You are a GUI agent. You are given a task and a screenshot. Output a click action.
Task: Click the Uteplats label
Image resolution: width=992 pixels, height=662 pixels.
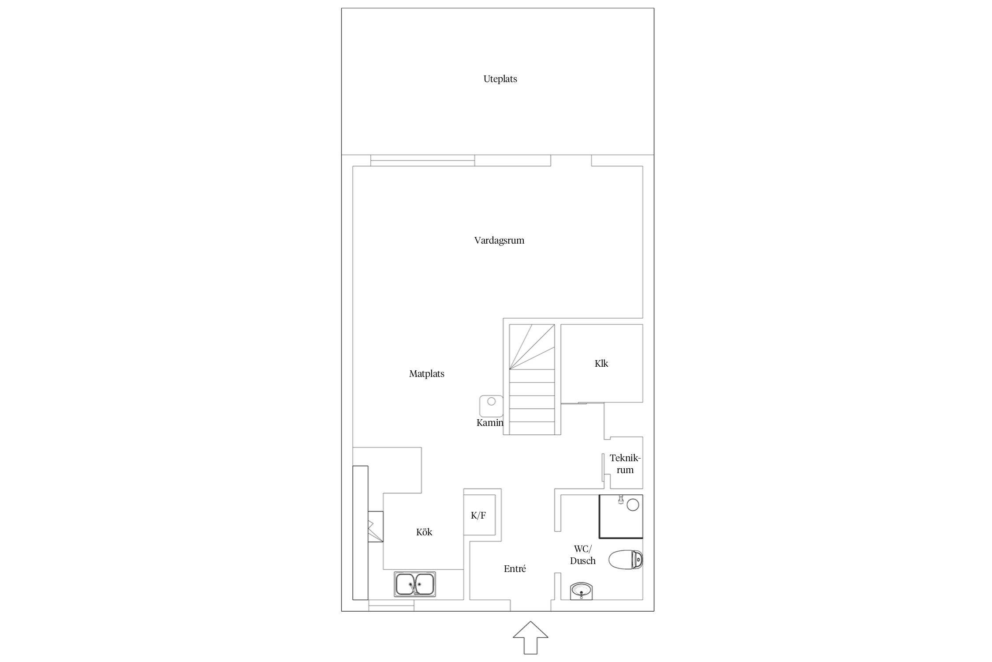500,79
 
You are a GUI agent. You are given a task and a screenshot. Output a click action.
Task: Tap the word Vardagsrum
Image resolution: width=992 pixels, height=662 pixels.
499,241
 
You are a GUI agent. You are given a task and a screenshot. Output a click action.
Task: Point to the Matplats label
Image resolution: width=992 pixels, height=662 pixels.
426,374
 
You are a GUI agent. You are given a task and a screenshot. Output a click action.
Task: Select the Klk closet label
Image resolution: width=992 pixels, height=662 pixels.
601,364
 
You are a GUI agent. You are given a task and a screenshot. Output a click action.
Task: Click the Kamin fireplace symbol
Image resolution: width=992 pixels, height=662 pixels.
491,406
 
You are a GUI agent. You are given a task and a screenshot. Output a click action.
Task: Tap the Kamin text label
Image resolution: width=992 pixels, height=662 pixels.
490,423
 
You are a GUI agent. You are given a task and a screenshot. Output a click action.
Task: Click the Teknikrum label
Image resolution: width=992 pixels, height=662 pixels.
625,464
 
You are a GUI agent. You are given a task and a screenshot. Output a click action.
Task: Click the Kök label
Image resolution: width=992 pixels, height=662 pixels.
424,532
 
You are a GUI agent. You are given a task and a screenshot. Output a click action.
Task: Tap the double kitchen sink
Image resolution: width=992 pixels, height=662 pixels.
415,584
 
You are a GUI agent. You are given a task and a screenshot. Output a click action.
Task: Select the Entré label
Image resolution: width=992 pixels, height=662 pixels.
515,569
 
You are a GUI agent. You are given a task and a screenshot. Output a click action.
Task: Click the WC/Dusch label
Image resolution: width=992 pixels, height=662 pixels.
583,555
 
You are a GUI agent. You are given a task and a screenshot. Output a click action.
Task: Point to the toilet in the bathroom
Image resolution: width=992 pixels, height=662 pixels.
626,560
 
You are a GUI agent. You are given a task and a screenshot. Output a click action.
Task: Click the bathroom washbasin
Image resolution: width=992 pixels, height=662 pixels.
582,591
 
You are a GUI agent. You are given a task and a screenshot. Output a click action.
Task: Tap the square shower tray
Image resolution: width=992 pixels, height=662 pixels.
621,516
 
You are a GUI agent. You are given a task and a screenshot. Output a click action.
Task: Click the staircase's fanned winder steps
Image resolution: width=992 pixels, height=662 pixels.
532,347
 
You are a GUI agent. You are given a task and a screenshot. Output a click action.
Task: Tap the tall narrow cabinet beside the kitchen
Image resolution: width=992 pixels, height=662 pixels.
360,533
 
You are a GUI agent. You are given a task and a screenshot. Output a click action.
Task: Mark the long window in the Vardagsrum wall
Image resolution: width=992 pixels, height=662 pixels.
422,161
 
